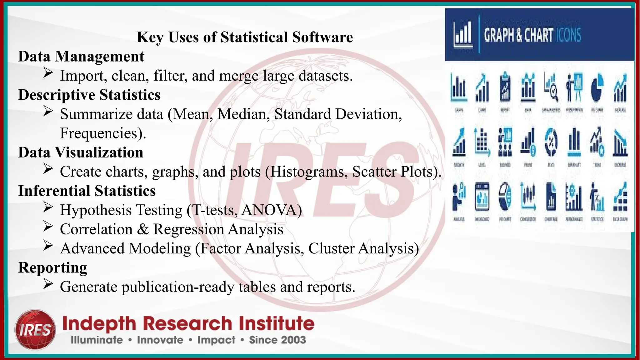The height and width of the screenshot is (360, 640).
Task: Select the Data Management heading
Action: pyautogui.click(x=81, y=57)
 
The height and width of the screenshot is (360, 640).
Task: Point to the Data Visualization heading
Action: pyautogui.click(x=81, y=152)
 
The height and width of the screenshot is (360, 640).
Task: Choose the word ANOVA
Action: pyautogui.click(x=270, y=210)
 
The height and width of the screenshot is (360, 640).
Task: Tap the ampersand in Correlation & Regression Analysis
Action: pyautogui.click(x=143, y=229)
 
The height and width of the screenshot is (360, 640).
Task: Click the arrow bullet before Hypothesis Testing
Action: pyautogui.click(x=48, y=207)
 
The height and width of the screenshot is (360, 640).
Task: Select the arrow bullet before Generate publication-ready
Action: pyautogui.click(x=48, y=284)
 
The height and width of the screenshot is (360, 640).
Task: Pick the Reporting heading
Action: pyautogui.click(x=52, y=268)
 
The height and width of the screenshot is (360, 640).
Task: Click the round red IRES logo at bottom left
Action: pyautogui.click(x=35, y=329)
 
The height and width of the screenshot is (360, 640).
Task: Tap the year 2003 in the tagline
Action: pyautogui.click(x=293, y=340)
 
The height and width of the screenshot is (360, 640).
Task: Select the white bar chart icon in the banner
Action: pyautogui.click(x=463, y=34)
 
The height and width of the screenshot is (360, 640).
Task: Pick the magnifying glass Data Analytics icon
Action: pyautogui.click(x=551, y=88)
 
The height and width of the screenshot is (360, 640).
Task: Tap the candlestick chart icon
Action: pyautogui.click(x=528, y=197)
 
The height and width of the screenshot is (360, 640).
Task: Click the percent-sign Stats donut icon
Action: pyautogui.click(x=551, y=142)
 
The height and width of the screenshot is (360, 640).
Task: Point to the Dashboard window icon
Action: pyautogui.click(x=482, y=197)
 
